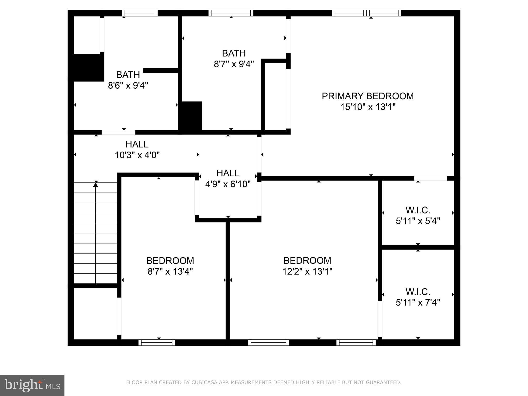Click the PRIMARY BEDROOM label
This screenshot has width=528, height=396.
click(367, 96)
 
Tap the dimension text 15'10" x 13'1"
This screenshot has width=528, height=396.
click(368, 107)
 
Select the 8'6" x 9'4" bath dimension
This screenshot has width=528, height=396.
click(128, 85)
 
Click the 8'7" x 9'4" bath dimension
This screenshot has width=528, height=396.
click(234, 64)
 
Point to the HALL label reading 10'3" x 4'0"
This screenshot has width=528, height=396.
click(137, 144)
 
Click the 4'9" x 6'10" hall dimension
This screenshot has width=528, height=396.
click(228, 184)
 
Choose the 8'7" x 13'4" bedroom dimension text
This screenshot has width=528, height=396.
click(170, 271)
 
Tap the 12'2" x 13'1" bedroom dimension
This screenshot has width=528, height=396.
click(307, 271)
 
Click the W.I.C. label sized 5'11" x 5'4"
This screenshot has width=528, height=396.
click(418, 210)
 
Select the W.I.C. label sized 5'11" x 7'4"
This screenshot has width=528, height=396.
click(418, 292)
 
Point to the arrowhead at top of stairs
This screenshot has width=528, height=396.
click(96, 184)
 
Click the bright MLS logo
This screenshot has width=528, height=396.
click(32, 385)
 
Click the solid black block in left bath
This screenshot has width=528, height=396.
click(89, 68)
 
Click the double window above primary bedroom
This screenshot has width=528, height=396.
click(366, 13)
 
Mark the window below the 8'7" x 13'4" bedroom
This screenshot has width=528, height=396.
click(156, 342)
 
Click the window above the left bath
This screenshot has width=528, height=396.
click(140, 13)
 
